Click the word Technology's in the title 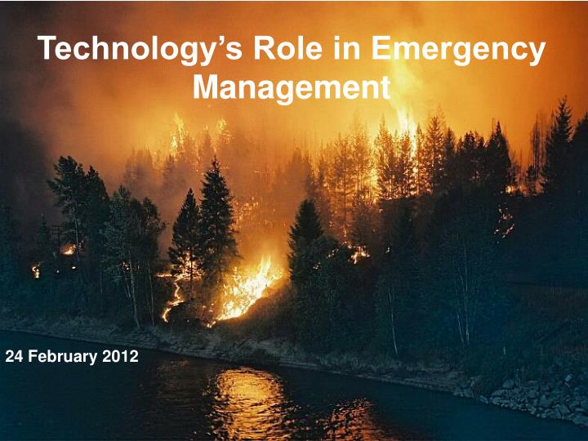click(136, 50)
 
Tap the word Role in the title click(283, 50)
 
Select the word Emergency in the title click(457, 50)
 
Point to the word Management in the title click(291, 86)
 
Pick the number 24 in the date click(13, 357)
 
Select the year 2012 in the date click(120, 357)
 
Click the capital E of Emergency click(381, 50)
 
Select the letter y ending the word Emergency click(535, 53)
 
